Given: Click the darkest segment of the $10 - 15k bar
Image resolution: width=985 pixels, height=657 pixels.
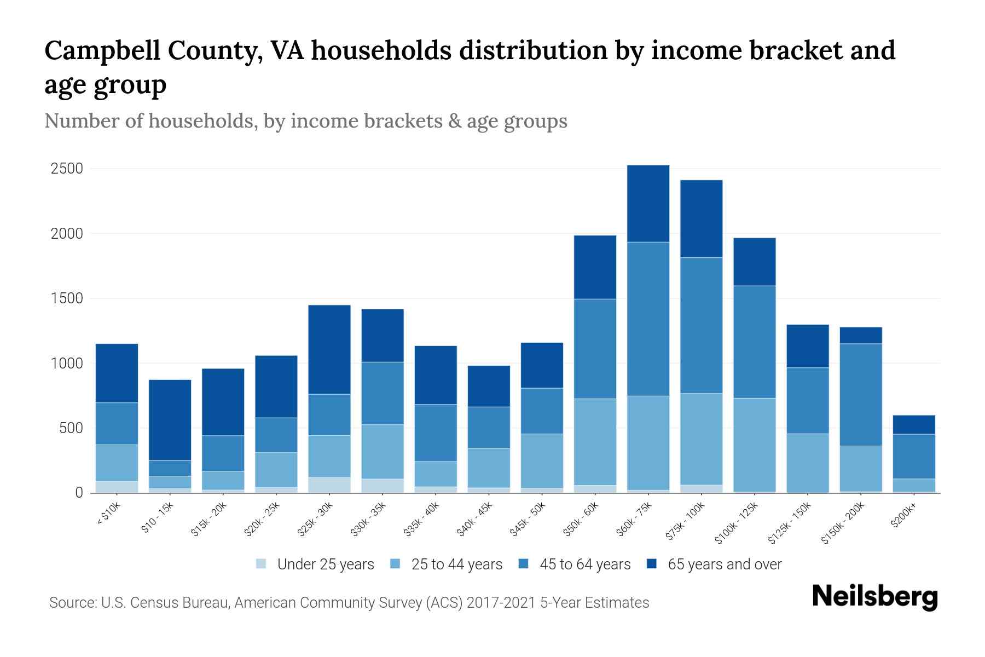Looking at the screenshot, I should (170, 420).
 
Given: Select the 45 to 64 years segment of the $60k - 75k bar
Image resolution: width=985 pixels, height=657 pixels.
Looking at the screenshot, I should (648, 319).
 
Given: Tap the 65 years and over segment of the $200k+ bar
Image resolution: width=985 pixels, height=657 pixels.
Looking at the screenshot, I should (914, 425).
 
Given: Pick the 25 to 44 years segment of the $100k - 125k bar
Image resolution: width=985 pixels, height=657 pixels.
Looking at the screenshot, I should (754, 445).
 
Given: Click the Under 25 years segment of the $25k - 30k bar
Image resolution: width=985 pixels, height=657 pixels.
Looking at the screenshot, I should (329, 485).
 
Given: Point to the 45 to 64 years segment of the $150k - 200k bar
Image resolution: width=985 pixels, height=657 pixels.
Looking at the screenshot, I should (861, 394).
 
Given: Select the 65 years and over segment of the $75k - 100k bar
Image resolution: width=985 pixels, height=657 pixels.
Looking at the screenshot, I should (701, 218).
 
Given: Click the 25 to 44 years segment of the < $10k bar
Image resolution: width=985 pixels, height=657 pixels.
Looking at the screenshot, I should (117, 463).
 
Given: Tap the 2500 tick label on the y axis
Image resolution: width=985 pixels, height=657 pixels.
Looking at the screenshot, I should (67, 169).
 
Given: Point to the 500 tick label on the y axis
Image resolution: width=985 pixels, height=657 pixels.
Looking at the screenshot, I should (71, 428).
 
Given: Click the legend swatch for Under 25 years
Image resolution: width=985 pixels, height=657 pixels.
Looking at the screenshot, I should (261, 563).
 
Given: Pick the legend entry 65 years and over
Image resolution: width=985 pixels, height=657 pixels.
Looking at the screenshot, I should (724, 564).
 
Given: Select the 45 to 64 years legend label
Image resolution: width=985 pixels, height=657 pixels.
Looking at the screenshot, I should (585, 564).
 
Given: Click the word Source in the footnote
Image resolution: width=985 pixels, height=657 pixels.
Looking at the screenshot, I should (71, 603).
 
